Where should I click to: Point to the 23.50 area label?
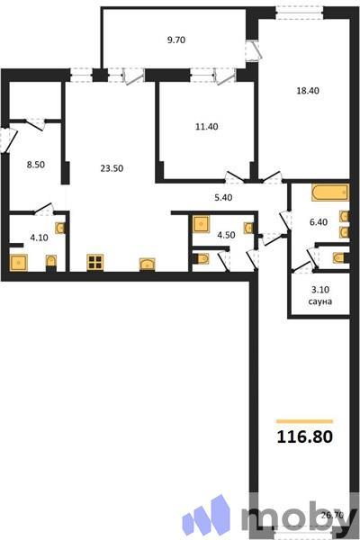click(112, 166)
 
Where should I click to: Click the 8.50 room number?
click(37, 165)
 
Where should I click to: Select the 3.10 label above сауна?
click(319, 291)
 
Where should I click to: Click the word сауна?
click(319, 302)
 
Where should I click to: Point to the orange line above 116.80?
click(304, 420)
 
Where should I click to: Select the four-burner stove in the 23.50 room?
click(94, 263)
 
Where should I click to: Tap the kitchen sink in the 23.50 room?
click(146, 264)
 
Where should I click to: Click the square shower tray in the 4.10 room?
click(19, 263)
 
